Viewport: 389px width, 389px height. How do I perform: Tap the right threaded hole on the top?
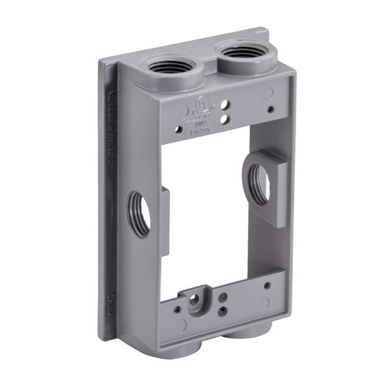(242, 51)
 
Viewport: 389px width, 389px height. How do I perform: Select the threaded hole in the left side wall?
(138, 214)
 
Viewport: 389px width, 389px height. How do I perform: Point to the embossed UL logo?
(201, 104)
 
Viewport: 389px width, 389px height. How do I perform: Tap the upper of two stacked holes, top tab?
(224, 105)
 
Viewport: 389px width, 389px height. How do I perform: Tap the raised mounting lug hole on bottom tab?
(194, 299)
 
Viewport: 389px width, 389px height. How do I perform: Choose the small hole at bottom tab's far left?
(177, 310)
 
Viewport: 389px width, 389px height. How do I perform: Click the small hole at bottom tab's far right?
(267, 285)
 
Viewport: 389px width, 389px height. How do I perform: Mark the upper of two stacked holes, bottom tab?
(223, 298)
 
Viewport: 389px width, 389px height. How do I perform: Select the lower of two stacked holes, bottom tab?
(223, 311)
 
